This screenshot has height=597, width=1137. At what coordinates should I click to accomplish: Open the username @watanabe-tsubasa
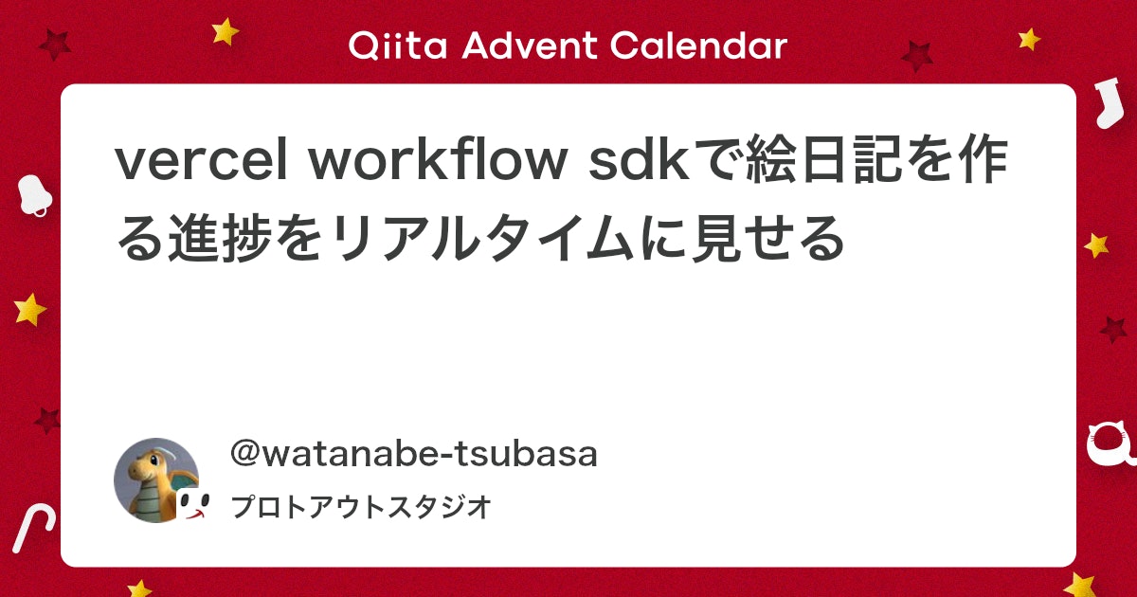click(413, 455)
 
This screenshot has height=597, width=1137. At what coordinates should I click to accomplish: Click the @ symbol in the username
click(245, 455)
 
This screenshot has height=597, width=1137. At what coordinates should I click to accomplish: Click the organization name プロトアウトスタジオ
click(360, 507)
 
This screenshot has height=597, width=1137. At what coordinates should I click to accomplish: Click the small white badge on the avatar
click(192, 506)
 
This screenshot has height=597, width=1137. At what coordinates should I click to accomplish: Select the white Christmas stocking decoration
click(1105, 104)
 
